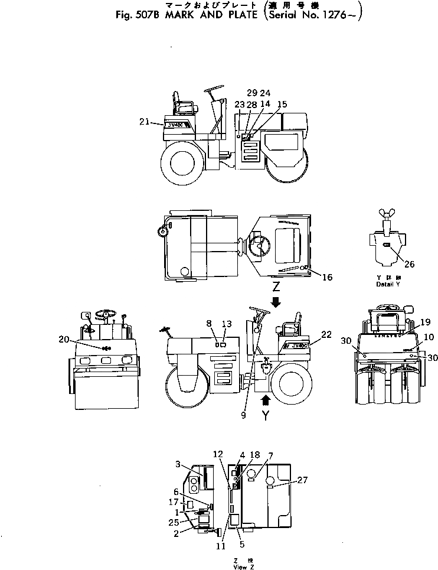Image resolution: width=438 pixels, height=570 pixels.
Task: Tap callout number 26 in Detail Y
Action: pyautogui.click(x=409, y=264)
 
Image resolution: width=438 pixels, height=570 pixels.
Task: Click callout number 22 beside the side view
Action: pyautogui.click(x=327, y=334)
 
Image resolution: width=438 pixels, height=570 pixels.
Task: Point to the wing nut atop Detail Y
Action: pyautogui.click(x=389, y=214)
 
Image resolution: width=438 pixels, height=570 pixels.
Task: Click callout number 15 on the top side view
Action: pyautogui.click(x=282, y=104)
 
